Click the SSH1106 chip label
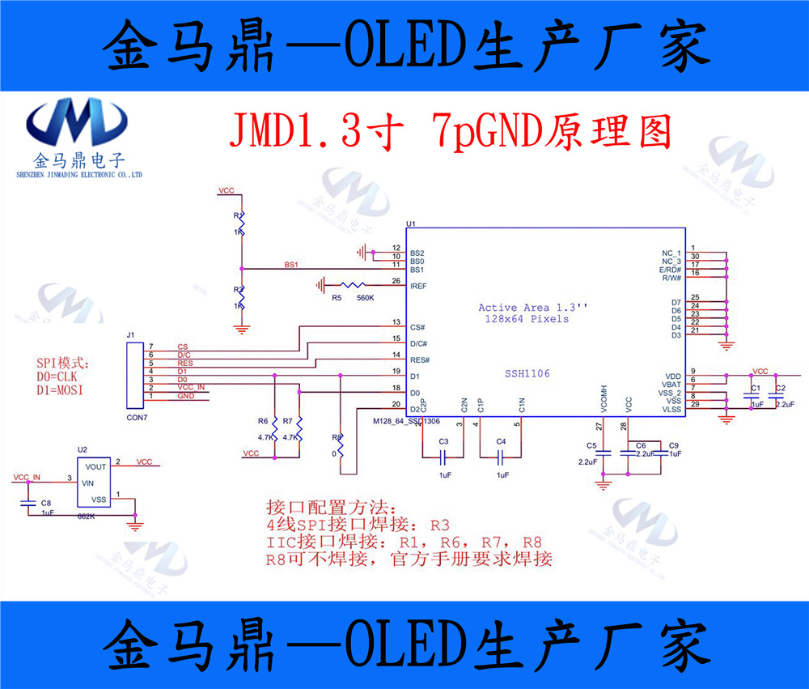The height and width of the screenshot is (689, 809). click(527, 373)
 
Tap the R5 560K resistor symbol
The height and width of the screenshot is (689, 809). click(354, 285)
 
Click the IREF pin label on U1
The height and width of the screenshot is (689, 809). click(418, 287)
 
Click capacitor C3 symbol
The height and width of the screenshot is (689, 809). click(443, 456)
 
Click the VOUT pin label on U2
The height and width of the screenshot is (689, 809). click(95, 467)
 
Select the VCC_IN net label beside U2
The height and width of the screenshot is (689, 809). click(27, 478)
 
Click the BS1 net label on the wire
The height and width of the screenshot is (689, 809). click(291, 265)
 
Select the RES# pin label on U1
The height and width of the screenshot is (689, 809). click(420, 359)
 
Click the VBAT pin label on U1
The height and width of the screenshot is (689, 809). click(671, 385)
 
